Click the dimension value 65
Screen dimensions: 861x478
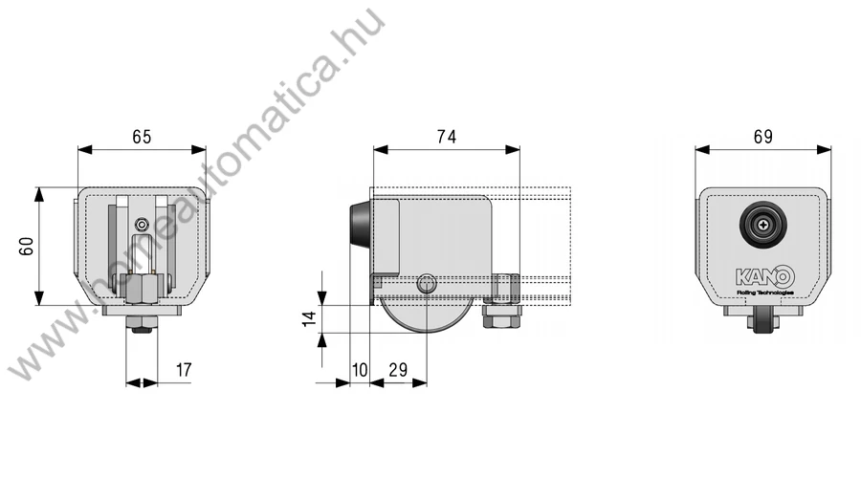pyautogui.click(x=142, y=137)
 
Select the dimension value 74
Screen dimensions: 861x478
pyautogui.click(x=447, y=137)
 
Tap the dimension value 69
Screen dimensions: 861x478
pyautogui.click(x=763, y=137)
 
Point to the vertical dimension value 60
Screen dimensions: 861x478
pyautogui.click(x=27, y=246)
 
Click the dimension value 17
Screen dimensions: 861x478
pyautogui.click(x=184, y=370)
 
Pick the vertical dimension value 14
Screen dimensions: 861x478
pyautogui.click(x=310, y=319)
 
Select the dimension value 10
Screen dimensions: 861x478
pyautogui.click(x=360, y=370)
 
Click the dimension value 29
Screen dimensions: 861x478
pyautogui.click(x=398, y=370)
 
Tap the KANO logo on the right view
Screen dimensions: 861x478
pyautogui.click(x=765, y=276)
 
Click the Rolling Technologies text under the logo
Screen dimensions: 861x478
pyautogui.click(x=765, y=293)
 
